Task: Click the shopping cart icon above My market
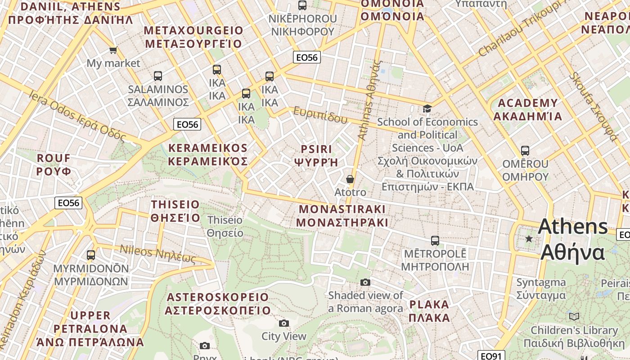click(113, 50)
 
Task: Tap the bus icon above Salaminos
click(157, 76)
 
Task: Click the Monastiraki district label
click(342, 216)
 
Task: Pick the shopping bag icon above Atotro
click(350, 179)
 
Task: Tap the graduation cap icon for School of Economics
click(427, 108)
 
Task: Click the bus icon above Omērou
click(525, 150)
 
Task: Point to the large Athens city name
click(573, 238)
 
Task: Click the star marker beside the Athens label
click(529, 238)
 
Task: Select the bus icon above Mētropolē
click(435, 240)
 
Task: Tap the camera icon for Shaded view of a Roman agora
click(365, 282)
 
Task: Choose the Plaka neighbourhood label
click(429, 311)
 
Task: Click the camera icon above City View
click(283, 323)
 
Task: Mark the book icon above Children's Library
click(574, 316)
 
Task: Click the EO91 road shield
click(491, 356)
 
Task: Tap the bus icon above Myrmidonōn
click(91, 255)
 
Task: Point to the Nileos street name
click(157, 254)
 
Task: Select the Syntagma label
click(541, 288)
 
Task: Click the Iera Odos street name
click(76, 115)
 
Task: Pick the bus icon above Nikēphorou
click(302, 5)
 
